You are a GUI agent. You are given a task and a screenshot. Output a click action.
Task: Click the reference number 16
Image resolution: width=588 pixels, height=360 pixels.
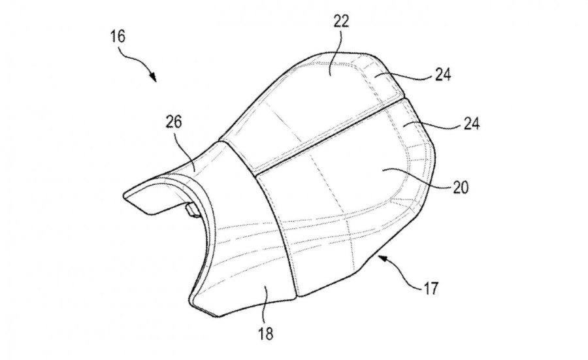tap(118, 37)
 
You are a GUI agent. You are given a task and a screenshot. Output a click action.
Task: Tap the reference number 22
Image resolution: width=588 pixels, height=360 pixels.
tap(341, 22)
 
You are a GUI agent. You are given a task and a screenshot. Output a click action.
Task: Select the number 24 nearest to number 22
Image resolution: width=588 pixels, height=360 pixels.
tap(443, 75)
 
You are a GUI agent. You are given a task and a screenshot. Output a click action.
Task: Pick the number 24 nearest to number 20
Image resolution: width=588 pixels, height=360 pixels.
tap(472, 123)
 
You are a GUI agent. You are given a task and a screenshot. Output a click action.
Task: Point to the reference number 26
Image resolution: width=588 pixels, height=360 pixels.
tap(173, 122)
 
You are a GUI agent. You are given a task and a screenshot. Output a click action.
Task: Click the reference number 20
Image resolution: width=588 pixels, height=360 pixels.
tap(461, 187)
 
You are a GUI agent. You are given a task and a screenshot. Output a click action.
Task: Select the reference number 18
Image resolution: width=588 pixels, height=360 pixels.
tap(265, 333)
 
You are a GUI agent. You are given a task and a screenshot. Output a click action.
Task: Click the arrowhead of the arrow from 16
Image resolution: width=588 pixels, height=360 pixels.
tap(153, 77)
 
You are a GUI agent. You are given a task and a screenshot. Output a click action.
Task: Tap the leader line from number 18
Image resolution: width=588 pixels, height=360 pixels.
tap(267, 304)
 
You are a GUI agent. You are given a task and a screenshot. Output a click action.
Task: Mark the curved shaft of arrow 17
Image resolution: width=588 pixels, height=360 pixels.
tap(404, 276)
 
